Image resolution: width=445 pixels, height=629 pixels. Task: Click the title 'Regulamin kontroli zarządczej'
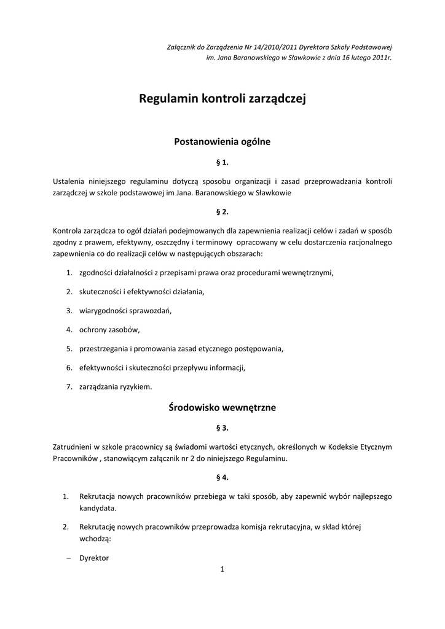(222, 98)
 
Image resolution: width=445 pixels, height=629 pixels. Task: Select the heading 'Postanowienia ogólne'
(222, 141)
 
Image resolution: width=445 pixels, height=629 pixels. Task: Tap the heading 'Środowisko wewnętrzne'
(222, 407)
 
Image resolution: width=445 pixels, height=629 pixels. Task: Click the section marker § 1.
(222, 163)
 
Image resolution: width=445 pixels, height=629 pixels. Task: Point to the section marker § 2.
(222, 212)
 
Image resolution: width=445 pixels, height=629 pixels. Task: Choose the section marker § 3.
(222, 428)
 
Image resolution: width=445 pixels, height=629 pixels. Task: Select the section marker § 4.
(222, 477)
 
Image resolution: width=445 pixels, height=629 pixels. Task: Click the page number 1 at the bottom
(222, 569)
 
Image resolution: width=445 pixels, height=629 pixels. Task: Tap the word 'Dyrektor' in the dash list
(94, 558)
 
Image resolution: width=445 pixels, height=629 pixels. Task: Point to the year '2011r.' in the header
(381, 57)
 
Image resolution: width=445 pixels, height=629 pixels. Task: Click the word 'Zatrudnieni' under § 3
(73, 446)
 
